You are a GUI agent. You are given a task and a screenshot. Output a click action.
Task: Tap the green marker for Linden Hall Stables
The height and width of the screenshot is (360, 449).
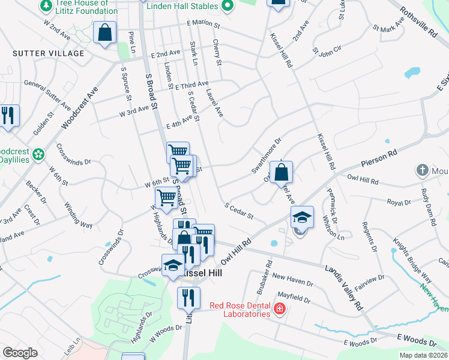point(226,6)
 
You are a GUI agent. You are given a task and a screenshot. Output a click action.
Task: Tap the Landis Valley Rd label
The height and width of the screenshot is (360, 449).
point(344,287)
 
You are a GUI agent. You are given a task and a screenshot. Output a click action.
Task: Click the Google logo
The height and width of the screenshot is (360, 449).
point(20,353)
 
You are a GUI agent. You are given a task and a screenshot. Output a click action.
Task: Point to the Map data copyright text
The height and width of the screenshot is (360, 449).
point(422,355)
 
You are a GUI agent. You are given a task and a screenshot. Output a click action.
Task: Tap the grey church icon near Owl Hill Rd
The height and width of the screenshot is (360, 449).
point(421,170)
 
